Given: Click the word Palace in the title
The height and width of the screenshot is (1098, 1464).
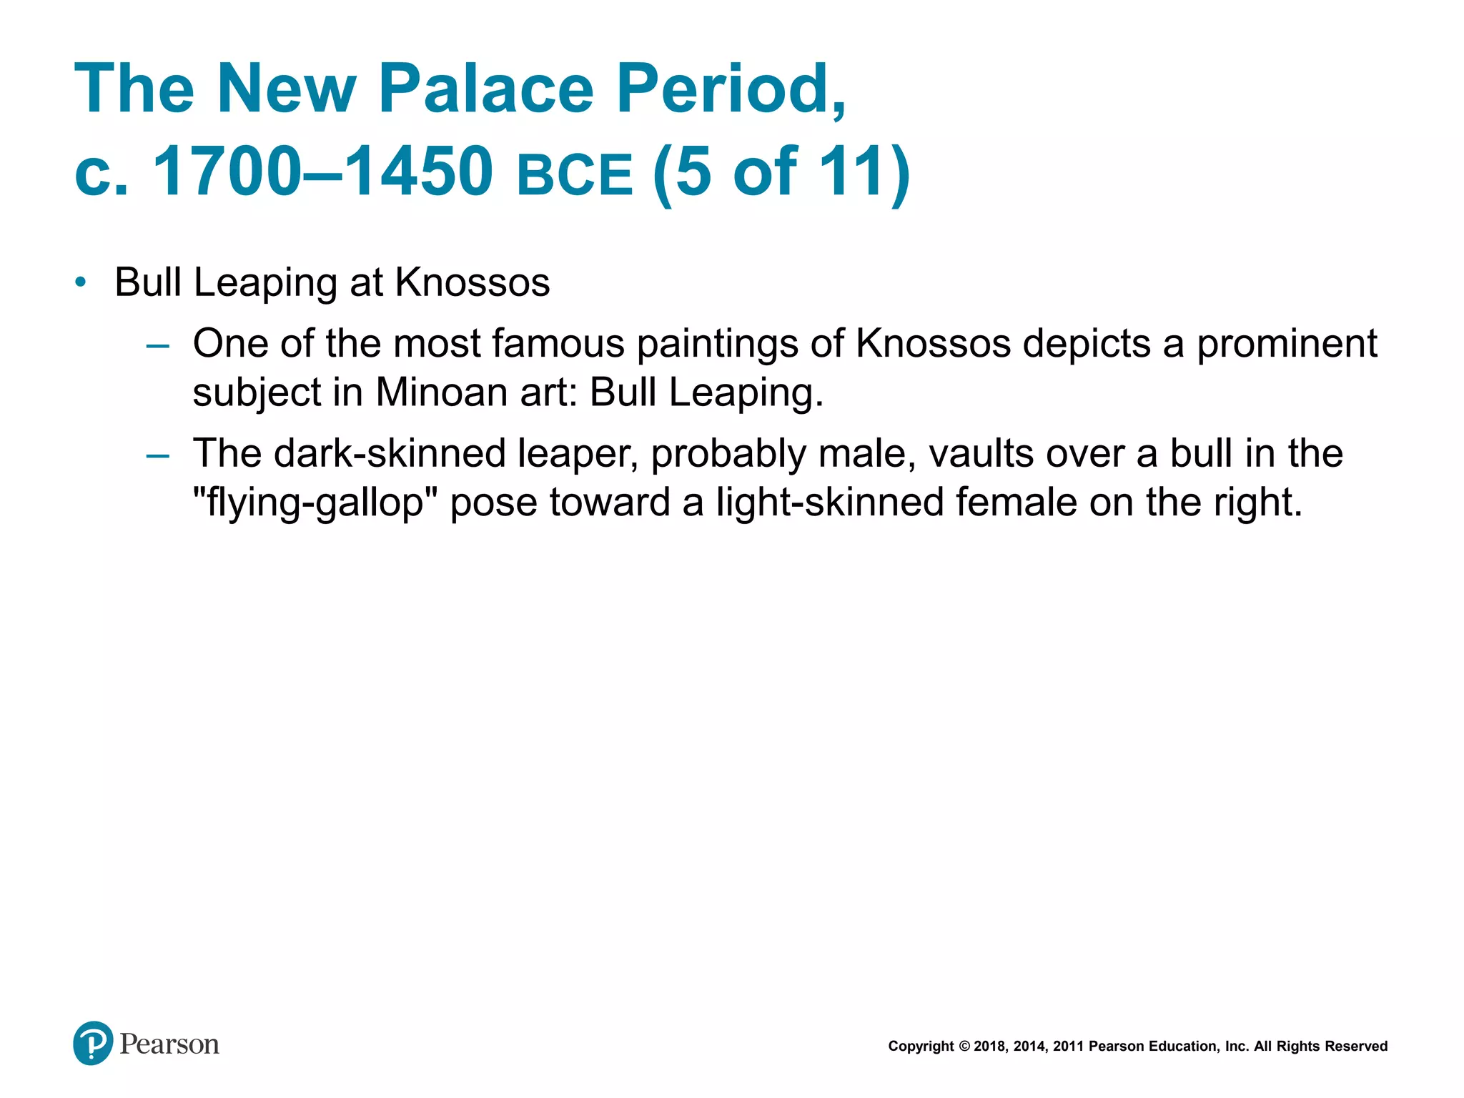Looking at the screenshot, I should [x=485, y=89].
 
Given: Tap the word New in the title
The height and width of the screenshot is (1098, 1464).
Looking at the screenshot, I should [x=286, y=89].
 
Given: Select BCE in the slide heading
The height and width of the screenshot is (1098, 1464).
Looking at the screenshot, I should [x=575, y=174].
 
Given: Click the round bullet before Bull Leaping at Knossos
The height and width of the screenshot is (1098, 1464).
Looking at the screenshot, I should [x=81, y=282].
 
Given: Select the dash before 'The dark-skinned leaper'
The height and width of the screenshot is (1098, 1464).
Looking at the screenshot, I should [x=157, y=456].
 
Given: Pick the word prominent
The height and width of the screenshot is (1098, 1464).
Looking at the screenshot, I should [x=1287, y=344].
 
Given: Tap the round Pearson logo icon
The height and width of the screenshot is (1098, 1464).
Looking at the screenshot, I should [x=93, y=1043].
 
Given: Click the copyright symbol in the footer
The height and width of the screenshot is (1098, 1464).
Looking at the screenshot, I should [x=964, y=1047].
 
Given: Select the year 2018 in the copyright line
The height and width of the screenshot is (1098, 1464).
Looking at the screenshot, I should [x=990, y=1047].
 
